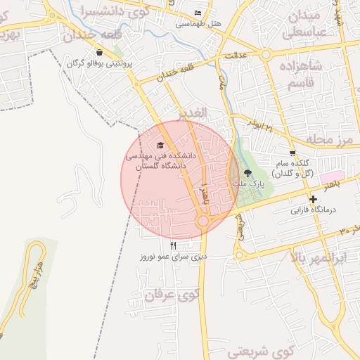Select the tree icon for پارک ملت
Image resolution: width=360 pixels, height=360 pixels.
pos(247,173)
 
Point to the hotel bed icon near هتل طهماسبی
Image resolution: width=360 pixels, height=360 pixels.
pos(198,13)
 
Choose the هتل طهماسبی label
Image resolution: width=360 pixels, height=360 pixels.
pos(199,23)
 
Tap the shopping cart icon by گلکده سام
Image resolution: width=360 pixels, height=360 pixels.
pos(292,153)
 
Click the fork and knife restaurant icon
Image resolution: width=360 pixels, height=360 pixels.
pos(174,245)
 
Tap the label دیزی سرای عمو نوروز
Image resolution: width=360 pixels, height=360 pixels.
pos(174,256)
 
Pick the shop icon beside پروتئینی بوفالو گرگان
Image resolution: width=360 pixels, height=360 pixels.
pos(99,52)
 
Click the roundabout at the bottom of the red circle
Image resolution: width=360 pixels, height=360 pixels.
pos(203,221)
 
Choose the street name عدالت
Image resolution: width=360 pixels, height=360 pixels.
pos(233,55)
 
